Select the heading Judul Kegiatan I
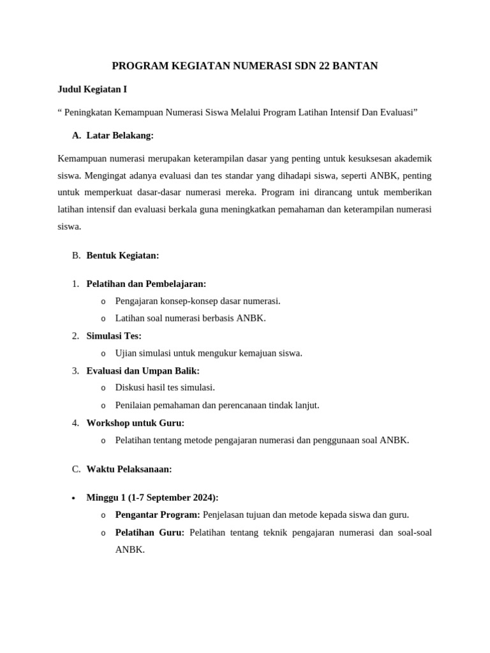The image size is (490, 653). (x=96, y=89)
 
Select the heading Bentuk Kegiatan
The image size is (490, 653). (x=122, y=255)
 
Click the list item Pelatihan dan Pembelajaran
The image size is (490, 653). (x=146, y=284)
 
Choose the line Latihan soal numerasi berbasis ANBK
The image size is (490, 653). (x=190, y=318)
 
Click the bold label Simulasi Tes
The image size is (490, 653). (x=114, y=335)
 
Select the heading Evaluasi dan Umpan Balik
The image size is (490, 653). (x=143, y=371)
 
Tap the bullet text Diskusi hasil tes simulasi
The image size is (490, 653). (x=165, y=387)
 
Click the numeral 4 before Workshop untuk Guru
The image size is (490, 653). (x=75, y=423)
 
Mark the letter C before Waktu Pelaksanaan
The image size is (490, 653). (x=76, y=469)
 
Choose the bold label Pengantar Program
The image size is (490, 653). (x=157, y=515)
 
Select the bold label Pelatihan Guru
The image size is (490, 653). (x=149, y=532)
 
